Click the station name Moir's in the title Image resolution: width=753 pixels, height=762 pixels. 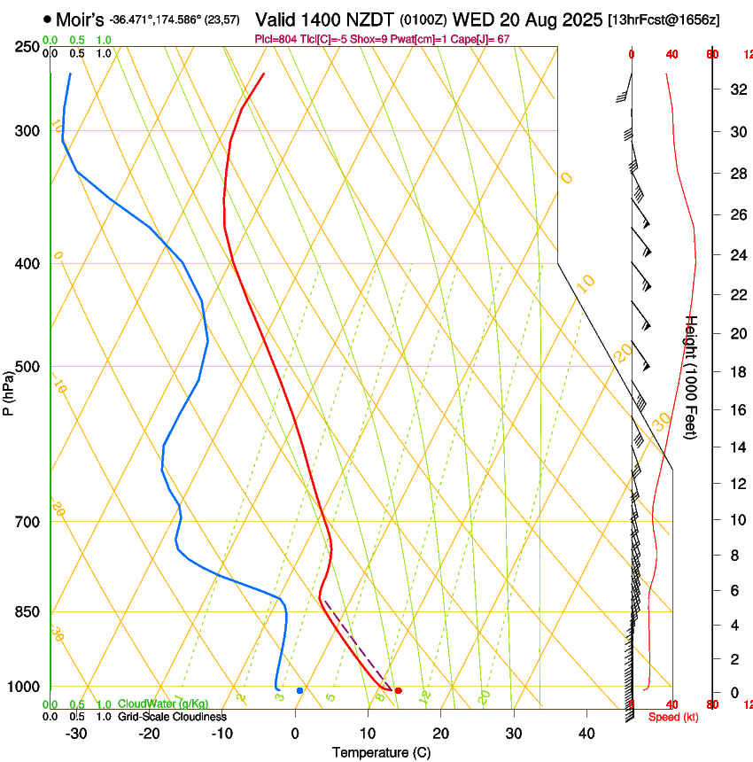pyautogui.click(x=80, y=18)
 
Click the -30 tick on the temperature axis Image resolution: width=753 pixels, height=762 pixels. pyautogui.click(x=76, y=733)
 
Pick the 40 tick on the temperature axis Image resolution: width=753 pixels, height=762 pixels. pyautogui.click(x=586, y=733)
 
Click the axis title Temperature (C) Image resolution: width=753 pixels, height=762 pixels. pyautogui.click(x=381, y=752)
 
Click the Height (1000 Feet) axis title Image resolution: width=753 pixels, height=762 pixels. pyautogui.click(x=692, y=377)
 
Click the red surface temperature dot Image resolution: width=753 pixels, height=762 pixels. pyautogui.click(x=398, y=690)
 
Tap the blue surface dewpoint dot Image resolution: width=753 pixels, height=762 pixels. pyautogui.click(x=299, y=690)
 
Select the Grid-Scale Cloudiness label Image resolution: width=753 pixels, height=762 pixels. pyautogui.click(x=173, y=717)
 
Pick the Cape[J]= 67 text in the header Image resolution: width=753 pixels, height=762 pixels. pyautogui.click(x=483, y=39)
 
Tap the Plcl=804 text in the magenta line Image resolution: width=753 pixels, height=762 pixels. pyautogui.click(x=276, y=39)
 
